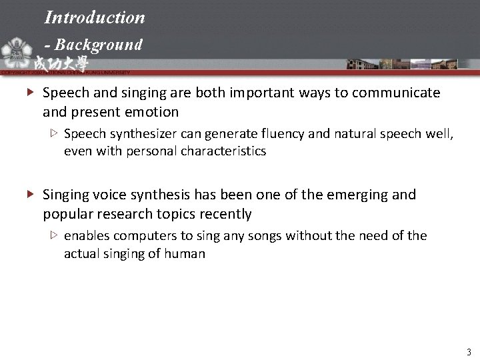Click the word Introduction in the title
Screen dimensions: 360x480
tap(95, 17)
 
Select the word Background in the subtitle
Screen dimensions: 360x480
tap(99, 45)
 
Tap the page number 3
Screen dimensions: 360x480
tap(469, 351)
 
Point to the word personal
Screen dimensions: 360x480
tap(151, 151)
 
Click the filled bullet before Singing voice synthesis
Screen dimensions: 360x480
tap(31, 195)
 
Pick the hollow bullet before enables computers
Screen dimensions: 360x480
tap(54, 235)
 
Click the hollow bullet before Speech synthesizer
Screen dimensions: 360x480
tap(54, 133)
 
